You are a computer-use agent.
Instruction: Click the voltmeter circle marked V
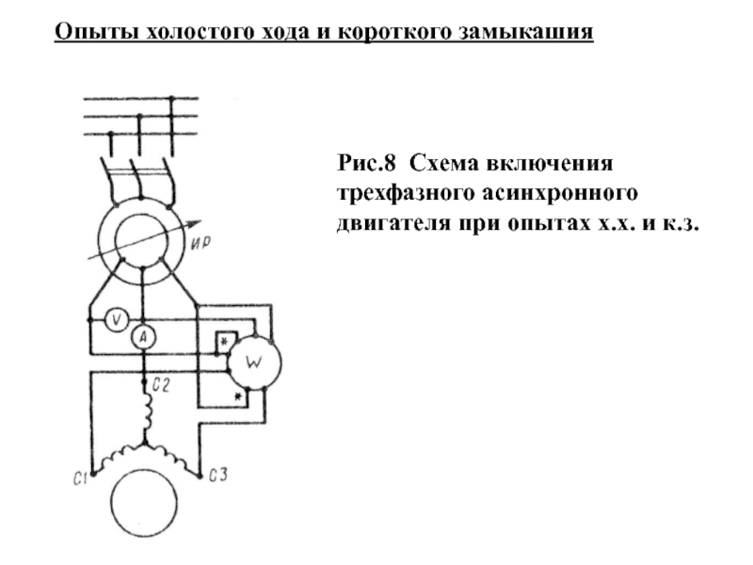tap(114, 320)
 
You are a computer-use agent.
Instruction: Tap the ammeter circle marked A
tap(141, 337)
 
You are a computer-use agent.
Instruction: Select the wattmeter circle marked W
tap(253, 361)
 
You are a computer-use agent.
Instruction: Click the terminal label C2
tap(159, 384)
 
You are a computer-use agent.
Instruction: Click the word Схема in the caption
tap(442, 167)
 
